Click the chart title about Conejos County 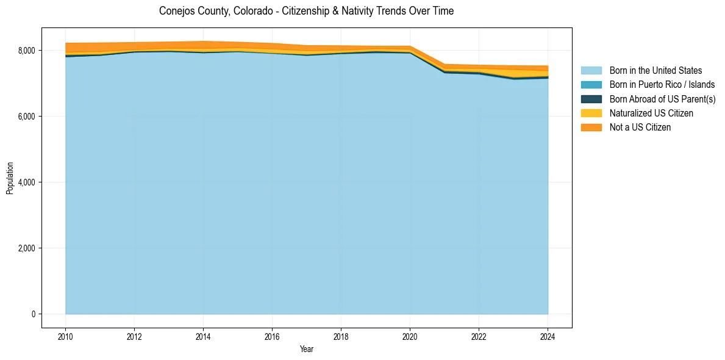coord(306,11)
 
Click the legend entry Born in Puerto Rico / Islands coord(662,85)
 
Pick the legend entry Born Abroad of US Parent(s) coord(662,99)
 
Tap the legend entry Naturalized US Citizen coord(651,113)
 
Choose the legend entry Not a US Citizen coord(640,127)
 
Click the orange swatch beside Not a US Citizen coord(591,127)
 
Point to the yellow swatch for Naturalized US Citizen coord(591,113)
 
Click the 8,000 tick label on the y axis coord(28,51)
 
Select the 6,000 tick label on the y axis coord(28,117)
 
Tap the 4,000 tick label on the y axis coord(28,182)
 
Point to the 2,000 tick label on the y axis coord(28,248)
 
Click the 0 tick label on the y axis coord(34,314)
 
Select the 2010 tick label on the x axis coord(65,336)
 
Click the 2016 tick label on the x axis coord(272,336)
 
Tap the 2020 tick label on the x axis coord(410,336)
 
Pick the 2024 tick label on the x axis coord(548,336)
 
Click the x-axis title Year coord(307,349)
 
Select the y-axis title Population coord(10,178)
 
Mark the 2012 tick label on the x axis coord(134,336)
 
